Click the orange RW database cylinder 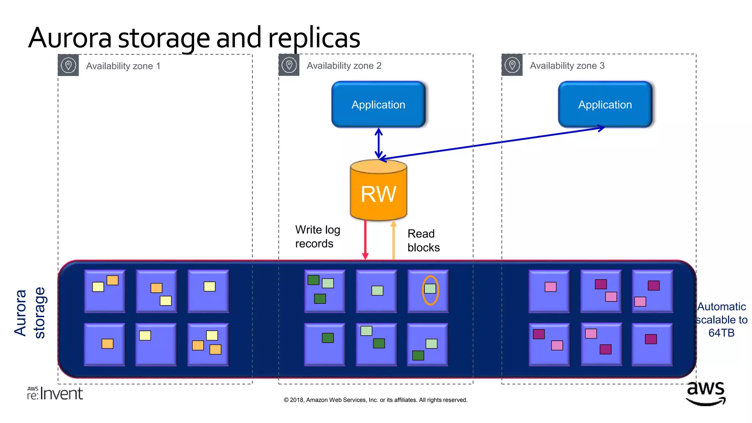(379, 191)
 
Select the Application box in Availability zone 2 (379, 105)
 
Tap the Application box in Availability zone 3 (605, 105)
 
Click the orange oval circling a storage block (430, 290)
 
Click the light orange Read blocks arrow (394, 241)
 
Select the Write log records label (317, 236)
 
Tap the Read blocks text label (423, 241)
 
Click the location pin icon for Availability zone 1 (68, 65)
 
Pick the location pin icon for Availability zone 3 (512, 65)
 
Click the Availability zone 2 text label (344, 66)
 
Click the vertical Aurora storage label (30, 313)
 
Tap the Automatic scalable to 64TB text (722, 319)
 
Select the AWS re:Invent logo (55, 394)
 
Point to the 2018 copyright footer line (375, 400)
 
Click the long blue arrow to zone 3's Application (492, 144)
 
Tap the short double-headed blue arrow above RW (379, 143)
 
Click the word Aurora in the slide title (70, 38)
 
